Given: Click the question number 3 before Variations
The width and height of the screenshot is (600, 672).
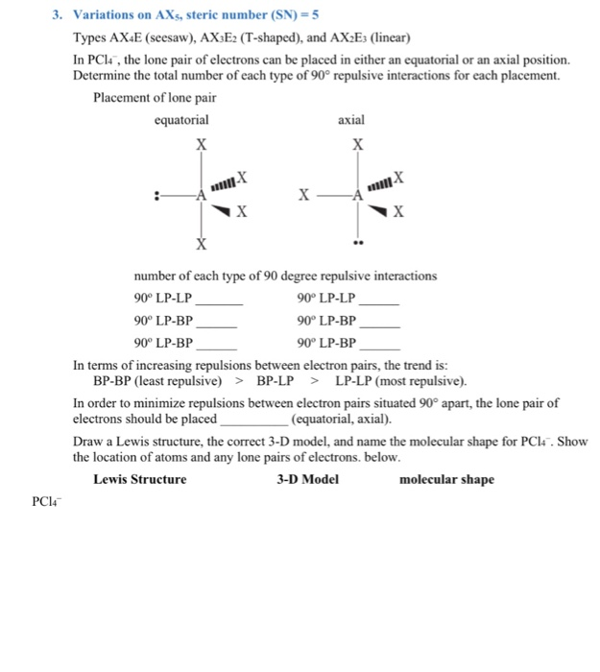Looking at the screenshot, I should (58, 16).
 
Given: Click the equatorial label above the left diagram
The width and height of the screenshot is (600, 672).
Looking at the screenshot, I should (181, 120).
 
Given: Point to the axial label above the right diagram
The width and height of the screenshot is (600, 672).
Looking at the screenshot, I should (351, 120).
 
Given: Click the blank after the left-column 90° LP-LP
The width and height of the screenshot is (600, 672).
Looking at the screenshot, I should (218, 301).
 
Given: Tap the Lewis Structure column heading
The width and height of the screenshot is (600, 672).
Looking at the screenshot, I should (140, 479).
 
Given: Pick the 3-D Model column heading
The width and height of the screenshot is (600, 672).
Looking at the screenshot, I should (307, 479).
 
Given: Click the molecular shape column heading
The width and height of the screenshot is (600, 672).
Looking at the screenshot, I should (446, 479).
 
